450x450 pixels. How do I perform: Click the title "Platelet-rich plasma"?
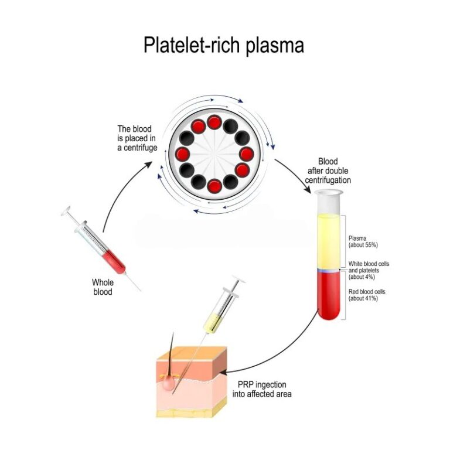click(x=224, y=45)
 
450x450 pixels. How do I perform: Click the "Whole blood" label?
click(x=102, y=287)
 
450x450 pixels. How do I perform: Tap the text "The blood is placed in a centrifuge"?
click(x=137, y=138)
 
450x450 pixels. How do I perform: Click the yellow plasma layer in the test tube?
click(x=328, y=240)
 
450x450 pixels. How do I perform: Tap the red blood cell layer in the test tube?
click(x=328, y=296)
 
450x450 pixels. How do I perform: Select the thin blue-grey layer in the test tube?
click(x=328, y=271)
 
